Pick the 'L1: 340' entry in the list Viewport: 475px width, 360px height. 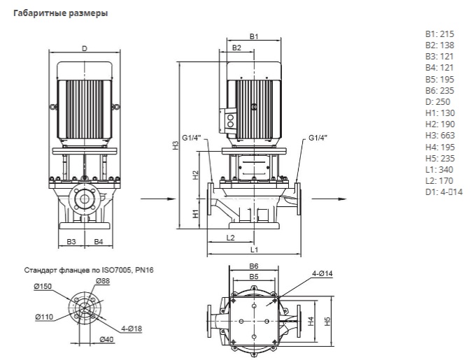(439, 169)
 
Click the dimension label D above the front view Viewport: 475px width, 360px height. (84, 48)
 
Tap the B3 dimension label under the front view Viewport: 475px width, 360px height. (71, 241)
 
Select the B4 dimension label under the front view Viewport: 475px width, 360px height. (98, 241)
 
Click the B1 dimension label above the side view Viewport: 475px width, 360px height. (255, 36)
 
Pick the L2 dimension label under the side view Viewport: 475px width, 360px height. (232, 238)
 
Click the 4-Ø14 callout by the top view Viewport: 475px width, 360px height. (322, 273)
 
